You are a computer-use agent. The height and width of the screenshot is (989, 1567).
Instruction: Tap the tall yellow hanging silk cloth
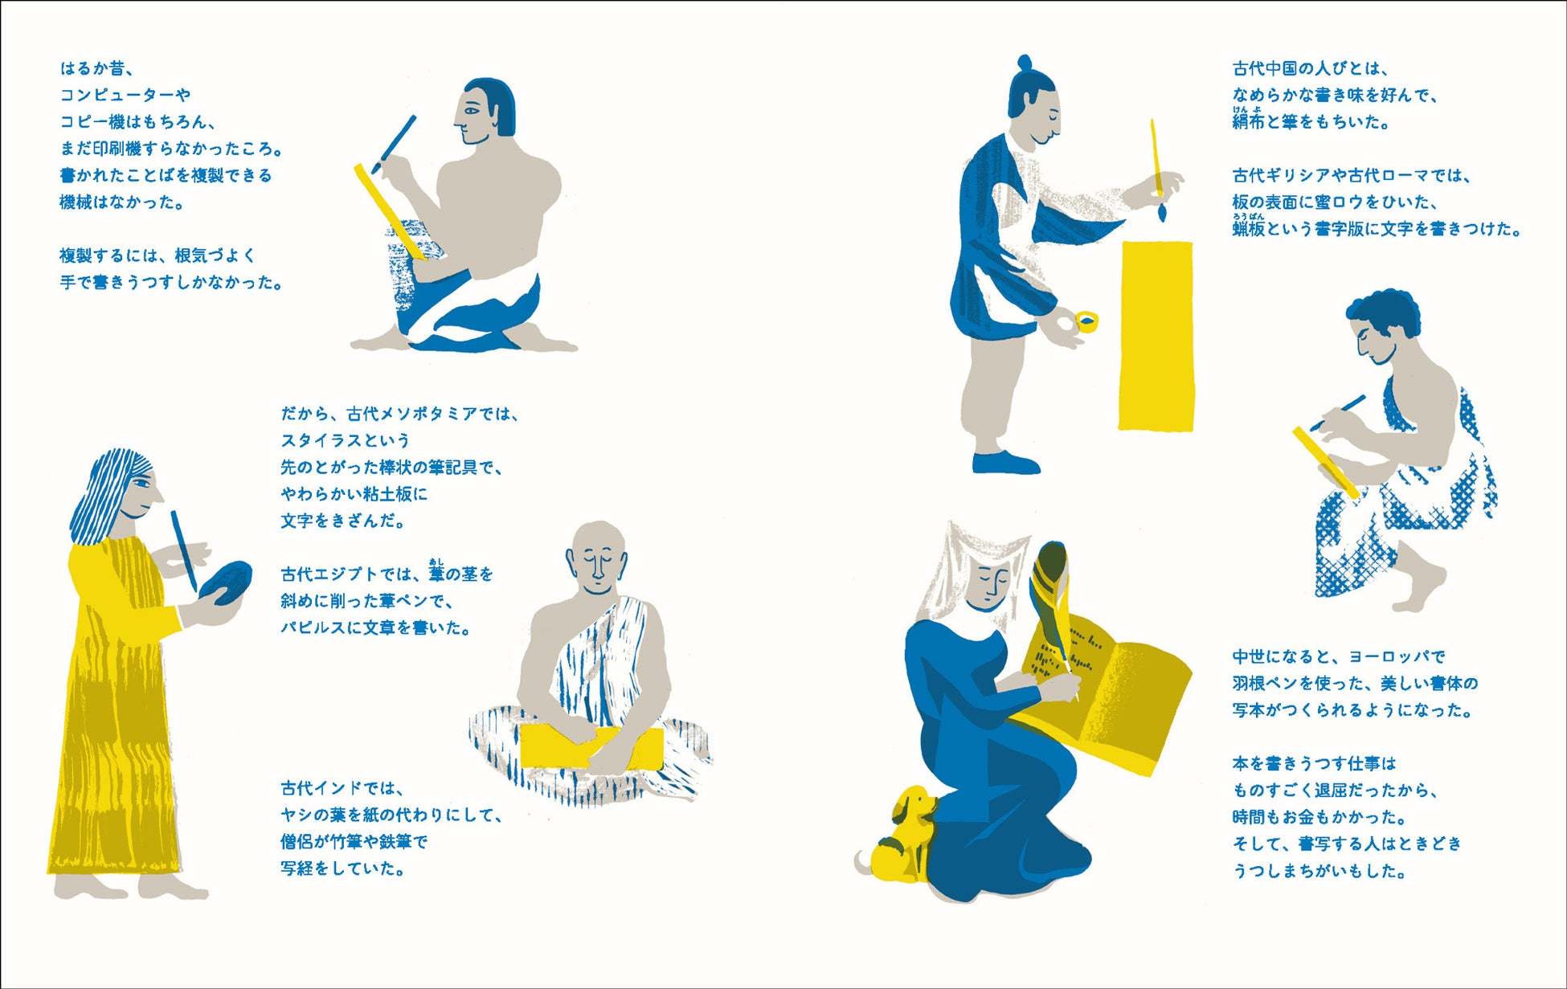click(x=1156, y=335)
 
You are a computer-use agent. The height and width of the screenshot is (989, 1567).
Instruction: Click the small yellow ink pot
click(x=1086, y=322)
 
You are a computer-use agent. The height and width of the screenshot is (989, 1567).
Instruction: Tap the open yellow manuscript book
click(x=1105, y=691)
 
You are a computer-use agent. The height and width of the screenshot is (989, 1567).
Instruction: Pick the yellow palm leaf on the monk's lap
click(x=591, y=747)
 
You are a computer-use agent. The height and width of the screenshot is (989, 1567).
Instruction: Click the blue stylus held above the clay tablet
click(x=185, y=551)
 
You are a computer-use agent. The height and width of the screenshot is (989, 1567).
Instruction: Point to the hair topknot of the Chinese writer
click(x=1024, y=63)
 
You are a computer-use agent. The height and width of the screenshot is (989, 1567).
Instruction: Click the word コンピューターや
click(x=125, y=95)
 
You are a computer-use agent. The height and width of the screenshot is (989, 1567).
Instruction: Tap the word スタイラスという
click(x=346, y=440)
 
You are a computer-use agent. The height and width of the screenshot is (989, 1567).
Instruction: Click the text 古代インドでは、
click(x=342, y=788)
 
